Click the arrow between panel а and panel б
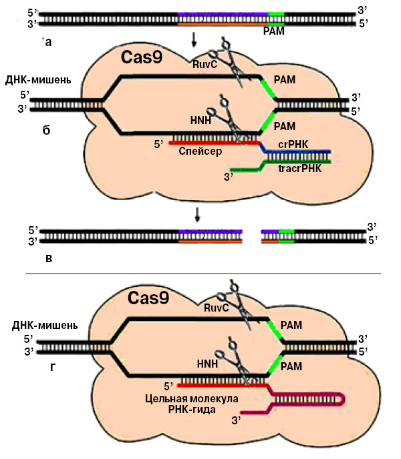coord(194,41)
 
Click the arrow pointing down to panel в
coord(198,214)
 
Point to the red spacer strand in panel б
coord(214,142)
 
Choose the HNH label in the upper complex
coord(200,121)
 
